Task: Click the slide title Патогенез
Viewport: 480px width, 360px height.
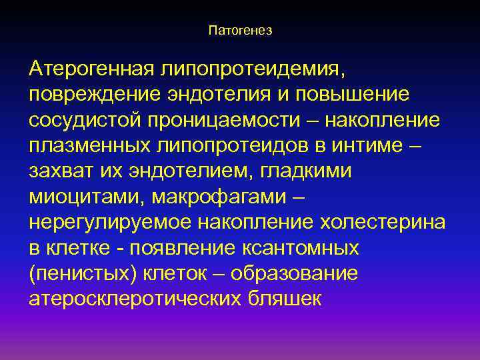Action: (240, 31)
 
